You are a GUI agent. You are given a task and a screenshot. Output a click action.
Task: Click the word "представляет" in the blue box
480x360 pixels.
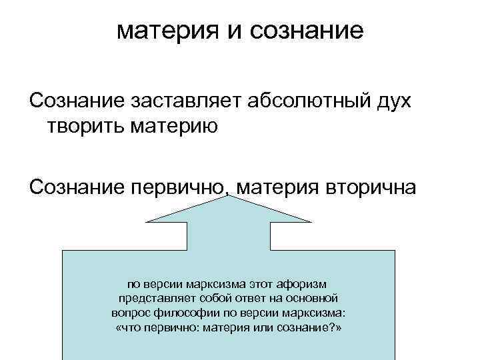tap(151, 298)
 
